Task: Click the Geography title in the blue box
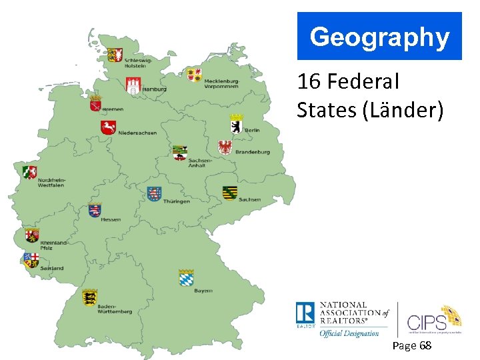[379, 37]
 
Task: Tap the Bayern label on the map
[203, 291]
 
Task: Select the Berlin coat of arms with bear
[236, 123]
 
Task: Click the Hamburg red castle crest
[133, 85]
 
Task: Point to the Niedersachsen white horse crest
[108, 127]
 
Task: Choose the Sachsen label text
[249, 199]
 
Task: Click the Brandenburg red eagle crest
[225, 147]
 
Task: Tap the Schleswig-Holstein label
[138, 63]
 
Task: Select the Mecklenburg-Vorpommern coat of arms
[194, 74]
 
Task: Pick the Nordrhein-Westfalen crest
[29, 172]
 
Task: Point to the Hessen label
[111, 219]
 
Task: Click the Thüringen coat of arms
[154, 194]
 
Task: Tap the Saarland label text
[51, 268]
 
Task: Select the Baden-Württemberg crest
[89, 297]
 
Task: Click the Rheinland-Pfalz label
[53, 245]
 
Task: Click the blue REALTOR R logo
[305, 314]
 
